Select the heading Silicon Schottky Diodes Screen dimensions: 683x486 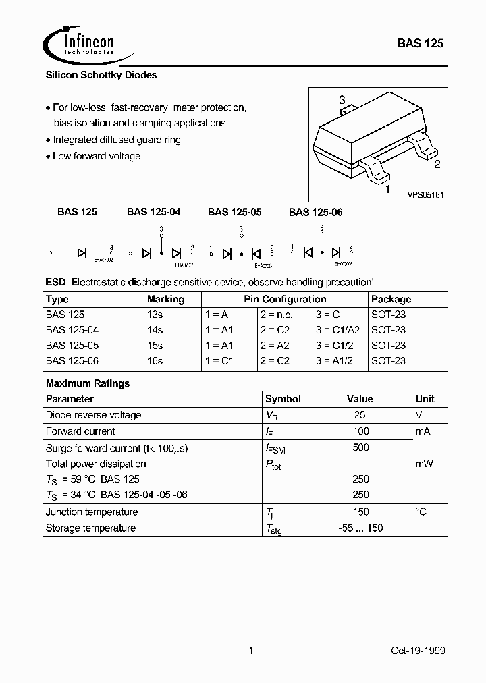point(101,76)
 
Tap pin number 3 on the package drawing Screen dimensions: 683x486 point(342,99)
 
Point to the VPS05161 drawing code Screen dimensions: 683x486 point(425,194)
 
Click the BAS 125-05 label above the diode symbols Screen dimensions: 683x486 point(234,212)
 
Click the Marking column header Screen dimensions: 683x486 point(165,299)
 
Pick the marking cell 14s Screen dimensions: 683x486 point(155,330)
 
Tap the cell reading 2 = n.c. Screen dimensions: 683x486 point(277,315)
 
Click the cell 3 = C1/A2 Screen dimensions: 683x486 point(337,330)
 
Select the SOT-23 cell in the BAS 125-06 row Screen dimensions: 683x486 point(388,361)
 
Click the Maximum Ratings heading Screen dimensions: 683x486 point(88,383)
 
